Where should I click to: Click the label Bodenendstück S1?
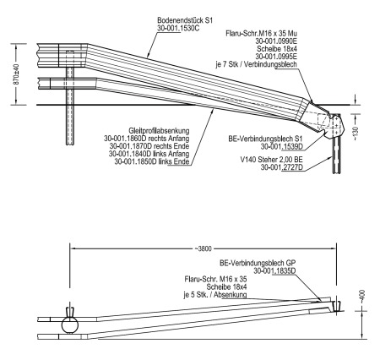(185, 20)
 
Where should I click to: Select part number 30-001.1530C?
(178, 28)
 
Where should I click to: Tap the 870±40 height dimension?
(16, 74)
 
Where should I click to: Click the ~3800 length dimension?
(203, 248)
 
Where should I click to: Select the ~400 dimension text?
(362, 297)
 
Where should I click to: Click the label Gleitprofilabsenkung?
(159, 131)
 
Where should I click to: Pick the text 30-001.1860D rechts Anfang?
(147, 139)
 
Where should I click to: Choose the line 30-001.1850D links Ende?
(152, 161)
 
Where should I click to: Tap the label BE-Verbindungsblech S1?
(265, 139)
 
